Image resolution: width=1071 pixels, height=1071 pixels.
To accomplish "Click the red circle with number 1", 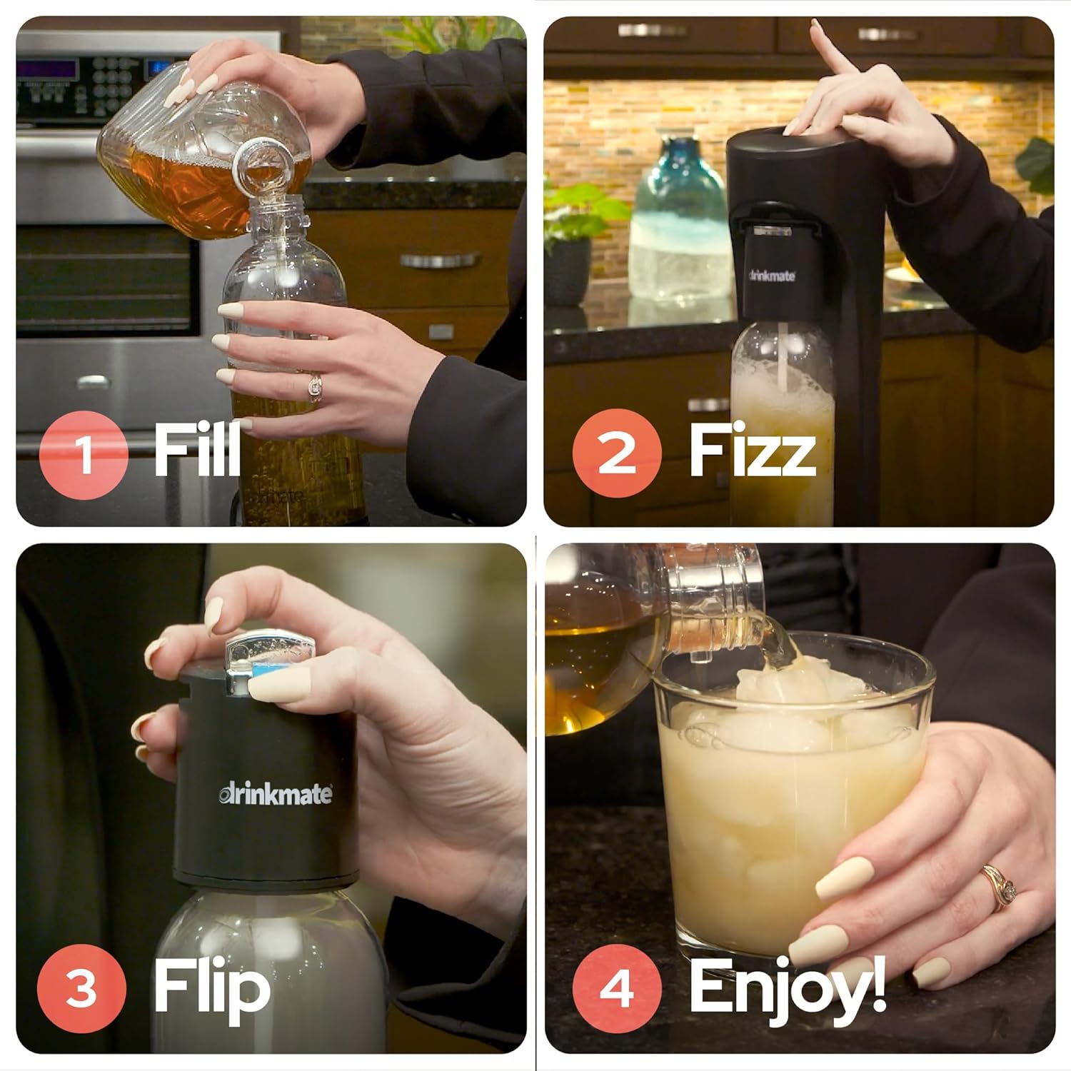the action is tap(84, 453).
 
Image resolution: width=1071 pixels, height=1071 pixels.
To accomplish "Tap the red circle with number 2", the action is tap(617, 453).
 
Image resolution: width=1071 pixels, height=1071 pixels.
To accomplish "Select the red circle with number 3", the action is tap(81, 989).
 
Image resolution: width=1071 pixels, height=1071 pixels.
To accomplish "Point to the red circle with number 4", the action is tap(617, 989).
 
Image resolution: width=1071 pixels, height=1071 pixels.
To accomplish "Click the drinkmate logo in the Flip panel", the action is tap(275, 794).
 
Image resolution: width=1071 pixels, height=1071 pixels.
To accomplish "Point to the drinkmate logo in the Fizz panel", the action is tap(772, 276).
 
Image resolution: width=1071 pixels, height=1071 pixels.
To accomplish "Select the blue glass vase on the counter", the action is tap(676, 218).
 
